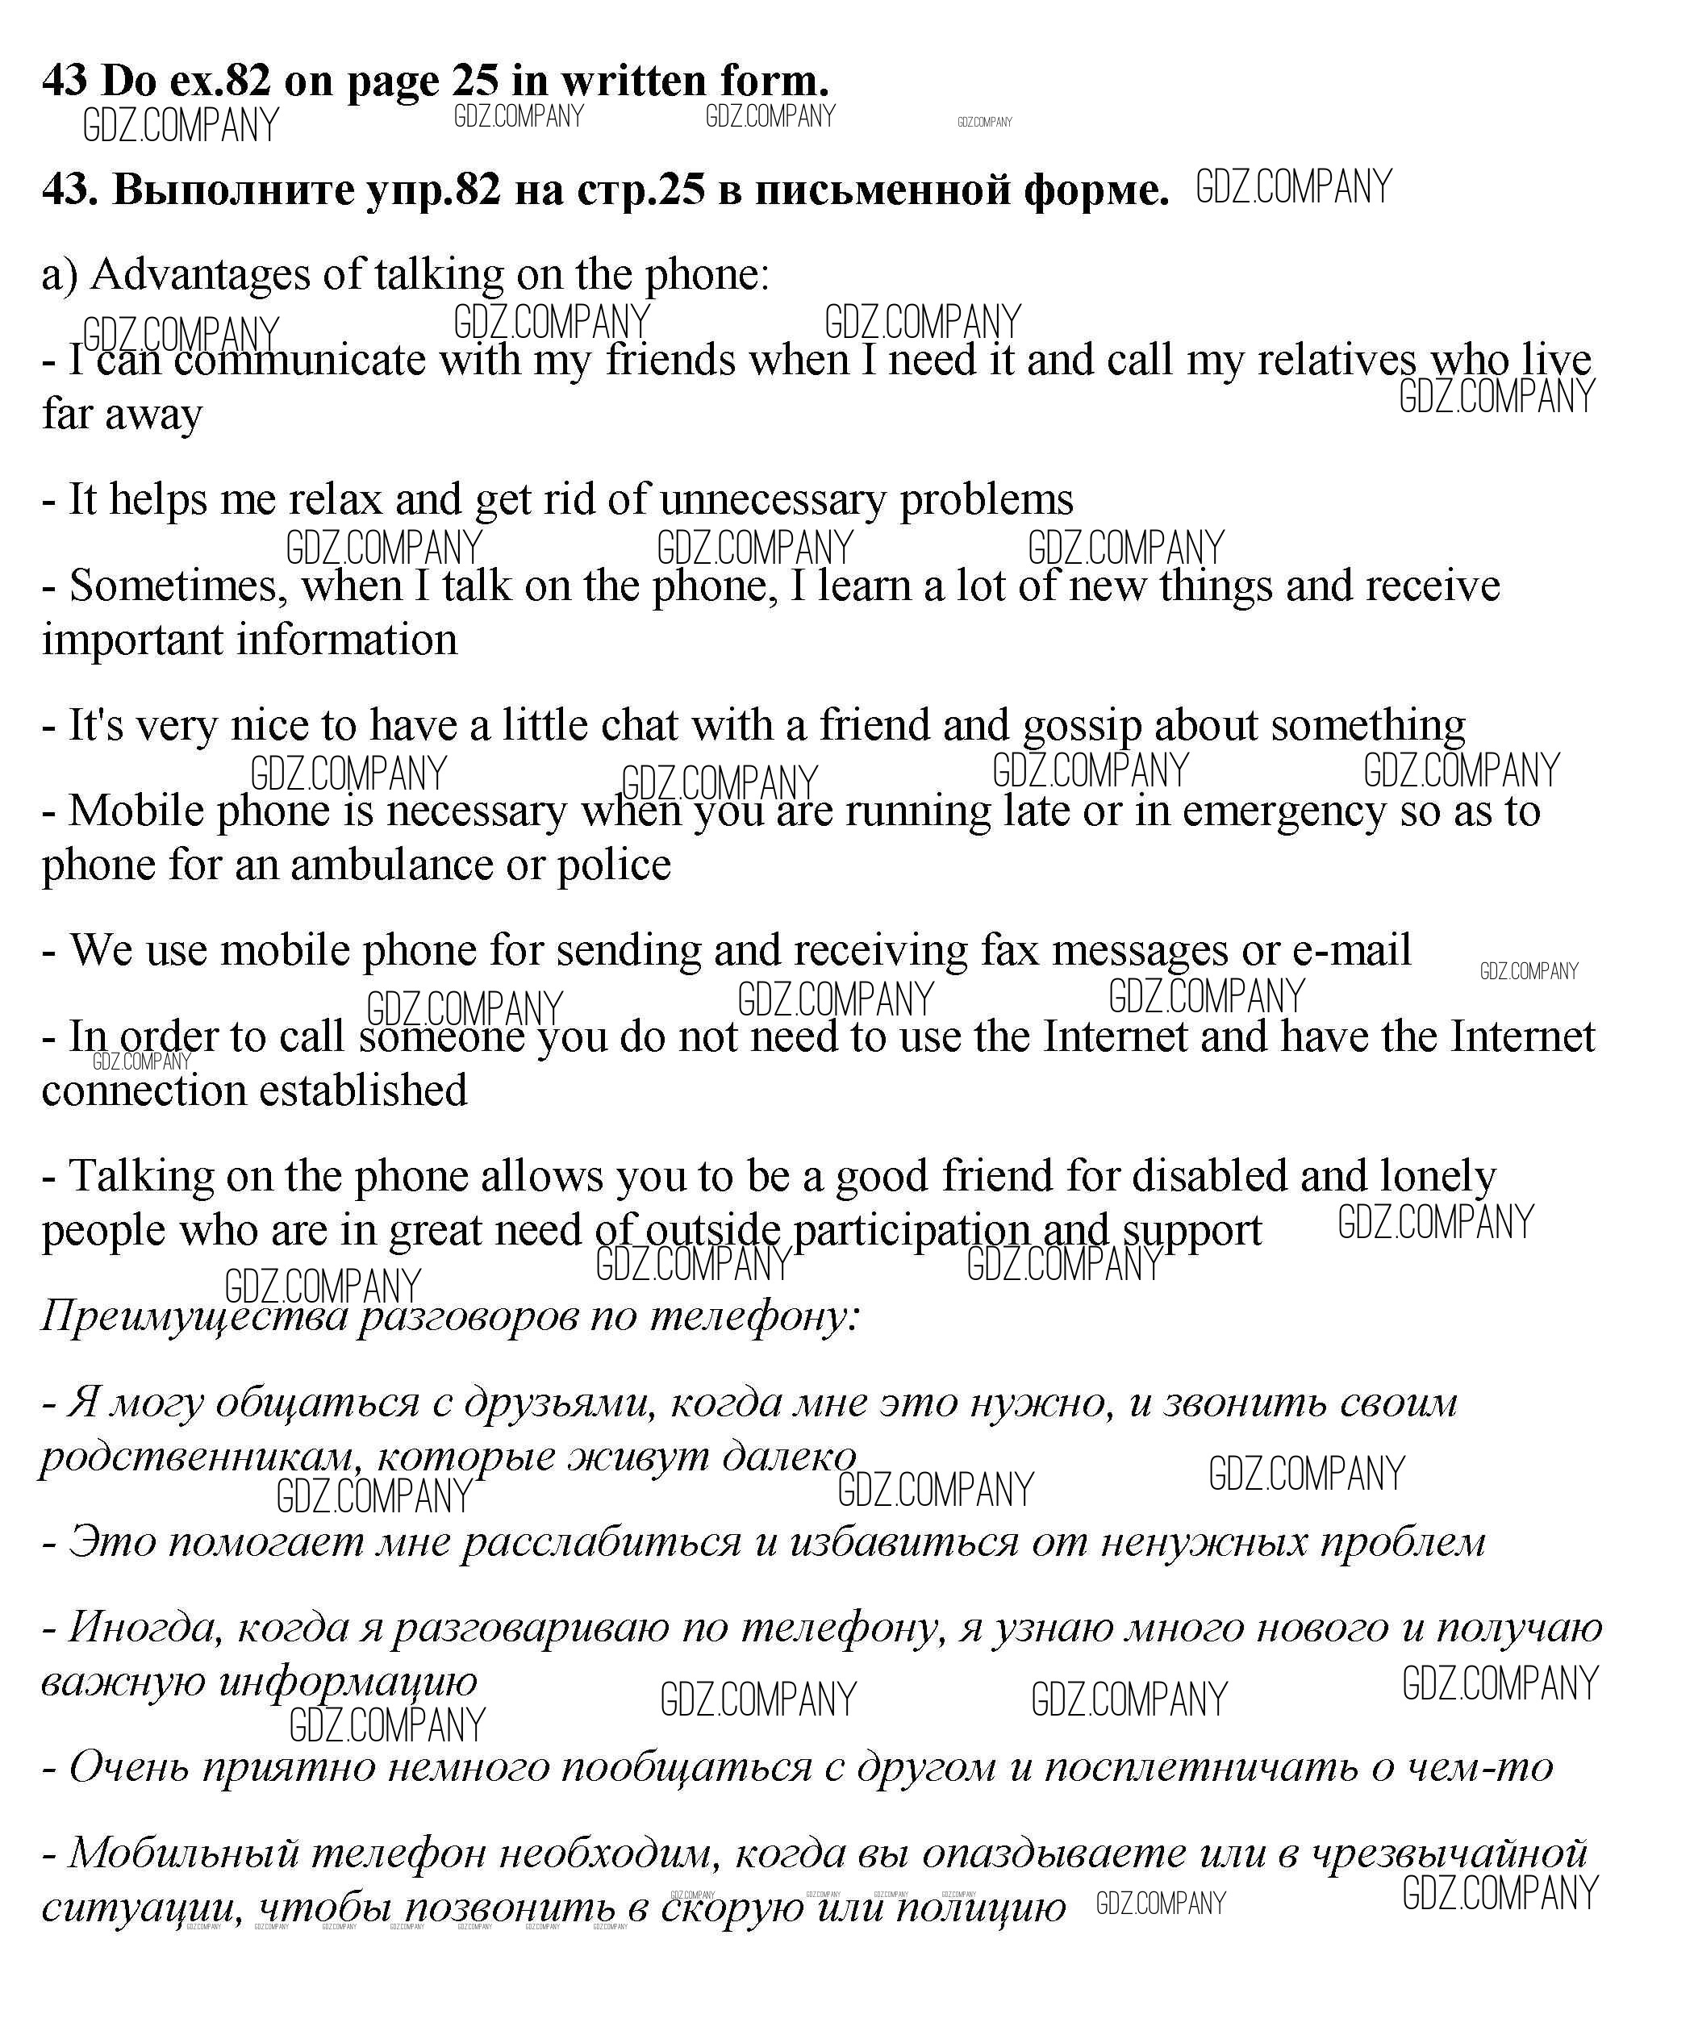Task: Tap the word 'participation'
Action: pos(911,1231)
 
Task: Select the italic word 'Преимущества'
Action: pos(194,1317)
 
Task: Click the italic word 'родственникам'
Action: pos(199,1457)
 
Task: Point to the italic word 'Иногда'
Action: pos(145,1628)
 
